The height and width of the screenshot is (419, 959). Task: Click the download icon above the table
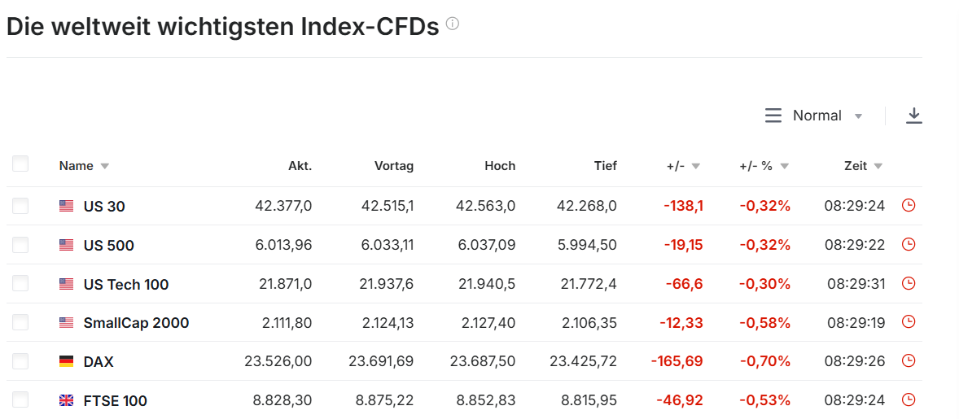coord(913,116)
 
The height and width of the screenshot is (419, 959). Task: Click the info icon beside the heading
coord(453,24)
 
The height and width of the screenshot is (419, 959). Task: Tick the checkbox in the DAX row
coord(20,361)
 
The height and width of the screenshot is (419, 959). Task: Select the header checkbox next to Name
coord(20,164)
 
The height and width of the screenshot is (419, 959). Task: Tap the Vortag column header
coord(395,166)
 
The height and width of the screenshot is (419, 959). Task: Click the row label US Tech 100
coord(126,285)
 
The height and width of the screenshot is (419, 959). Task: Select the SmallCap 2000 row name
coord(137,323)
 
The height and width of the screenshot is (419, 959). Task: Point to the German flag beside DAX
coord(66,361)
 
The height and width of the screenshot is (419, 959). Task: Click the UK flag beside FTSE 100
coord(66,400)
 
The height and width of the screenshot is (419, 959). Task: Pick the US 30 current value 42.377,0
coord(283,206)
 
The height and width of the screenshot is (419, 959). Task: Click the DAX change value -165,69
coord(677,361)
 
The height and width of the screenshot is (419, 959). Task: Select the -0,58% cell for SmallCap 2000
coord(765,322)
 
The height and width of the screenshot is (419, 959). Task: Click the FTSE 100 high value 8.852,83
coord(487,400)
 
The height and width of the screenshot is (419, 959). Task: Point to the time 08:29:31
coord(856,284)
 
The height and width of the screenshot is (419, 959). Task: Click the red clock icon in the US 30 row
coord(909,206)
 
